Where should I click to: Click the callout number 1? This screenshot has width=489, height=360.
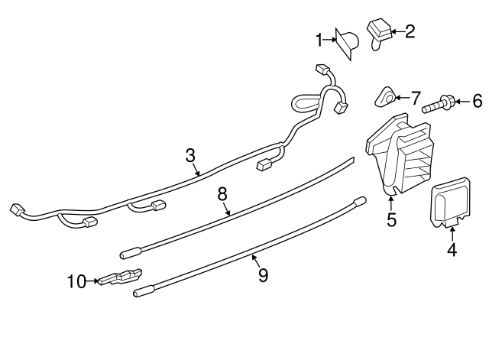(319, 41)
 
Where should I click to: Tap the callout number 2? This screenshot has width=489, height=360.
(410, 31)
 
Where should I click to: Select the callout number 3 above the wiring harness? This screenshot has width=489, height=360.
(190, 155)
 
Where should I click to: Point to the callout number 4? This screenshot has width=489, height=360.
(452, 250)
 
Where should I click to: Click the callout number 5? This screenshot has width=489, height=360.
(391, 219)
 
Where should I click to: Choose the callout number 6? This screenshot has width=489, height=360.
(478, 102)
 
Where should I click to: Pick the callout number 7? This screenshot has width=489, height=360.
(416, 99)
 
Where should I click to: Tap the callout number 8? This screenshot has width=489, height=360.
(222, 194)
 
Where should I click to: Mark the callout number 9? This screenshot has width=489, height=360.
(263, 275)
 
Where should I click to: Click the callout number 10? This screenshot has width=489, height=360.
(76, 282)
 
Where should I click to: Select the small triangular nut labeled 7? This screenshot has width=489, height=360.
(385, 97)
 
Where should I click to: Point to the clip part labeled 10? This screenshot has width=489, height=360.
(120, 277)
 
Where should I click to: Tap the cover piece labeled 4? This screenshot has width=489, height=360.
(450, 202)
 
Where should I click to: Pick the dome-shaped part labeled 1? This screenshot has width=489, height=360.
(347, 44)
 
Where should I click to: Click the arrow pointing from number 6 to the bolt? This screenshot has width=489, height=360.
(463, 102)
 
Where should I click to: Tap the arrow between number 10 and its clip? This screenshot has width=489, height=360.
(92, 281)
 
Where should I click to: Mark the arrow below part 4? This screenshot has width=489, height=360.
(452, 234)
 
